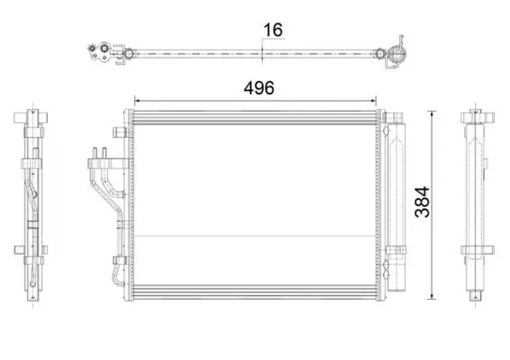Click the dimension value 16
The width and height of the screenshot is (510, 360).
(273, 30)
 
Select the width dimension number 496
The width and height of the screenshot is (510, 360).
(259, 88)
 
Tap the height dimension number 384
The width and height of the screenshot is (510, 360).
(423, 202)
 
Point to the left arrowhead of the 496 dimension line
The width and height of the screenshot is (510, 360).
(137, 101)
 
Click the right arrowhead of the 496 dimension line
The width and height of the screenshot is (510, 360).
(373, 101)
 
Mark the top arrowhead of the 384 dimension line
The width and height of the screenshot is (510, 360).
(433, 114)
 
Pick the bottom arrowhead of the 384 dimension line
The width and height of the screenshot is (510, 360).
(433, 296)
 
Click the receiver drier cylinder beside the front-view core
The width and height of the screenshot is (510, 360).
(397, 205)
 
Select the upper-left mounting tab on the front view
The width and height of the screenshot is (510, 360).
(120, 131)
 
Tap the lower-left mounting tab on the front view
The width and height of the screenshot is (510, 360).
(120, 260)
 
